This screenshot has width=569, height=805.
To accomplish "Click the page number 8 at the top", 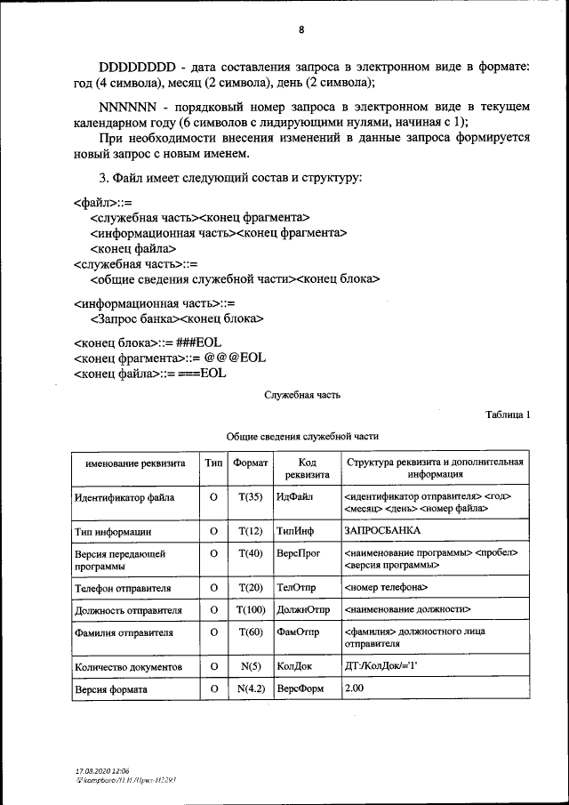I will coord(301,29).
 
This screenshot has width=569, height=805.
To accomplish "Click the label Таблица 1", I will coord(508,415).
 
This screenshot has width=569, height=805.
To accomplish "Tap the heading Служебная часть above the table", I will coord(301,395).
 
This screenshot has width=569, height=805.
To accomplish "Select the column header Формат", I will coord(251,463).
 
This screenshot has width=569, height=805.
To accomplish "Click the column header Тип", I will coord(213,463).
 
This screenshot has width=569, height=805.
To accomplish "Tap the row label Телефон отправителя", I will coord(124,588).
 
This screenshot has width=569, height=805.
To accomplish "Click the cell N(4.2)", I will coord(251,688).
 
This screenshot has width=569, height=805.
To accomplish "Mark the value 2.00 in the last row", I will coord(354,688).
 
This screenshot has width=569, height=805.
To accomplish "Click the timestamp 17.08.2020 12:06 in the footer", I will coord(103,769).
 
